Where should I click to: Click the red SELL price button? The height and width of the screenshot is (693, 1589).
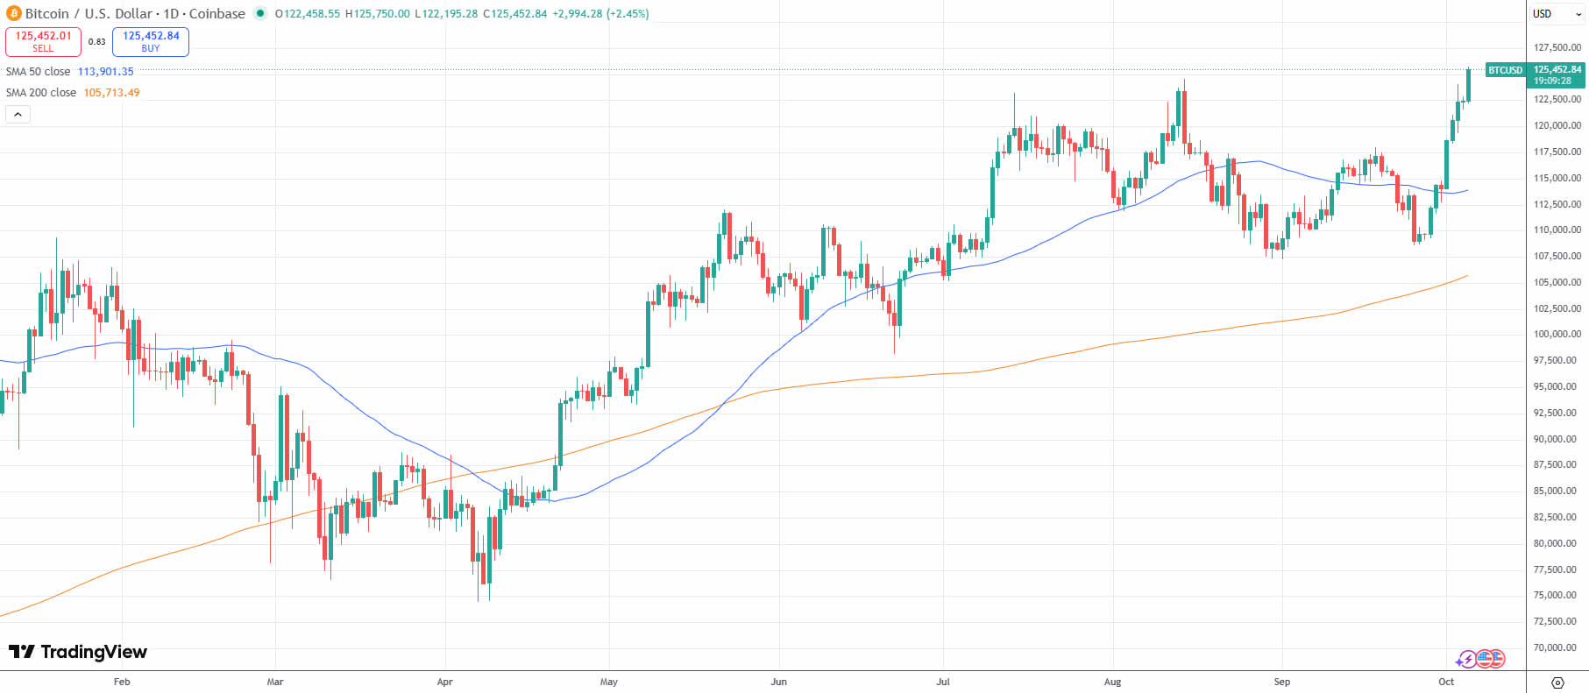click(43, 41)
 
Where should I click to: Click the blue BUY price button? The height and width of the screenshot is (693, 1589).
click(151, 41)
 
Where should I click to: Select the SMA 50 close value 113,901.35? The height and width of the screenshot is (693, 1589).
click(106, 72)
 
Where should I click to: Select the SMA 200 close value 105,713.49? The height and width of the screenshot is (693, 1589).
click(111, 93)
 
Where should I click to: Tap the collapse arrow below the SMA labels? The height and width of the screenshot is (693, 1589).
click(18, 115)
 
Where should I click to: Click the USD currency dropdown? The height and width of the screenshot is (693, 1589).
click(1557, 14)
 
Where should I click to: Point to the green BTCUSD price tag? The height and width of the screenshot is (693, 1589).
click(1505, 70)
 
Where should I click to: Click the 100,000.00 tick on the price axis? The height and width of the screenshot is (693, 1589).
click(1557, 335)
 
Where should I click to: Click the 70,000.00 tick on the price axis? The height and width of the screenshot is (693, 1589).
click(1557, 648)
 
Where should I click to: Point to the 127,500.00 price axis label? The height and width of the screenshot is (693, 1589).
click(1557, 47)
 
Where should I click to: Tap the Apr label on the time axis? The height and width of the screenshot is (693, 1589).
click(444, 682)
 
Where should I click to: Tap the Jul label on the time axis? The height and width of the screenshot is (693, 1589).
click(943, 682)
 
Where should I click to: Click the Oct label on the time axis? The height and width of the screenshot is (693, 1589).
click(1446, 682)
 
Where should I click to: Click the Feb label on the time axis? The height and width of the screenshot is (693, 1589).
click(122, 682)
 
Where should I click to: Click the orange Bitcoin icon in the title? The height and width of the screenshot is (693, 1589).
click(13, 14)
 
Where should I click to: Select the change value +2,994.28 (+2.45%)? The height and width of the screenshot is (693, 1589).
click(600, 14)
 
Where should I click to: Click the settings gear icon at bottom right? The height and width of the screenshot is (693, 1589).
click(1557, 682)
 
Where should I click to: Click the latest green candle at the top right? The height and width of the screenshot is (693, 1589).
click(1468, 85)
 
